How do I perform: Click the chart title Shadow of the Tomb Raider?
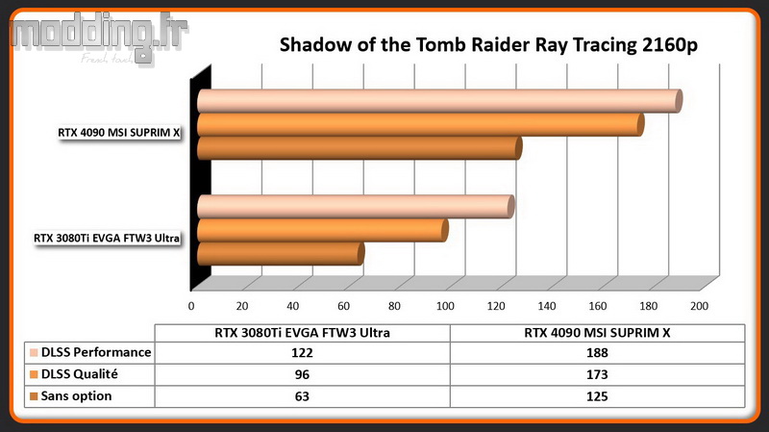point(488,44)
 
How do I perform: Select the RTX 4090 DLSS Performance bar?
point(440,101)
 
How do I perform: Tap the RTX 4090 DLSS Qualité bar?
point(421,125)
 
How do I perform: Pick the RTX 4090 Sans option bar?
point(360,148)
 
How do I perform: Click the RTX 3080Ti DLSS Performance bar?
point(356,207)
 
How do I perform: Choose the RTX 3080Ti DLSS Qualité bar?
point(323,230)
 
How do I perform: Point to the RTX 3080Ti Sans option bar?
point(281,254)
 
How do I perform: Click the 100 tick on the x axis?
point(445,306)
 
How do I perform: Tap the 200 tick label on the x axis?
point(700,306)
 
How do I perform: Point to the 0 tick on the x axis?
point(191,306)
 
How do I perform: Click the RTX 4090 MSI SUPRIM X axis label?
point(119,133)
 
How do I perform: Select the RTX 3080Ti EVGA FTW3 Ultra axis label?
point(107,238)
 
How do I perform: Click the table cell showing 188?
point(597,352)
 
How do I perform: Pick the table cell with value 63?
point(302,396)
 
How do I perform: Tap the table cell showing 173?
point(597,374)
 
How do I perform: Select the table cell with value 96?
point(302,374)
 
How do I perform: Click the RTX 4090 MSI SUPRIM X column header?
point(597,333)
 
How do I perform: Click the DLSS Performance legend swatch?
point(34,352)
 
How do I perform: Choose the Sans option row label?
point(77,395)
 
